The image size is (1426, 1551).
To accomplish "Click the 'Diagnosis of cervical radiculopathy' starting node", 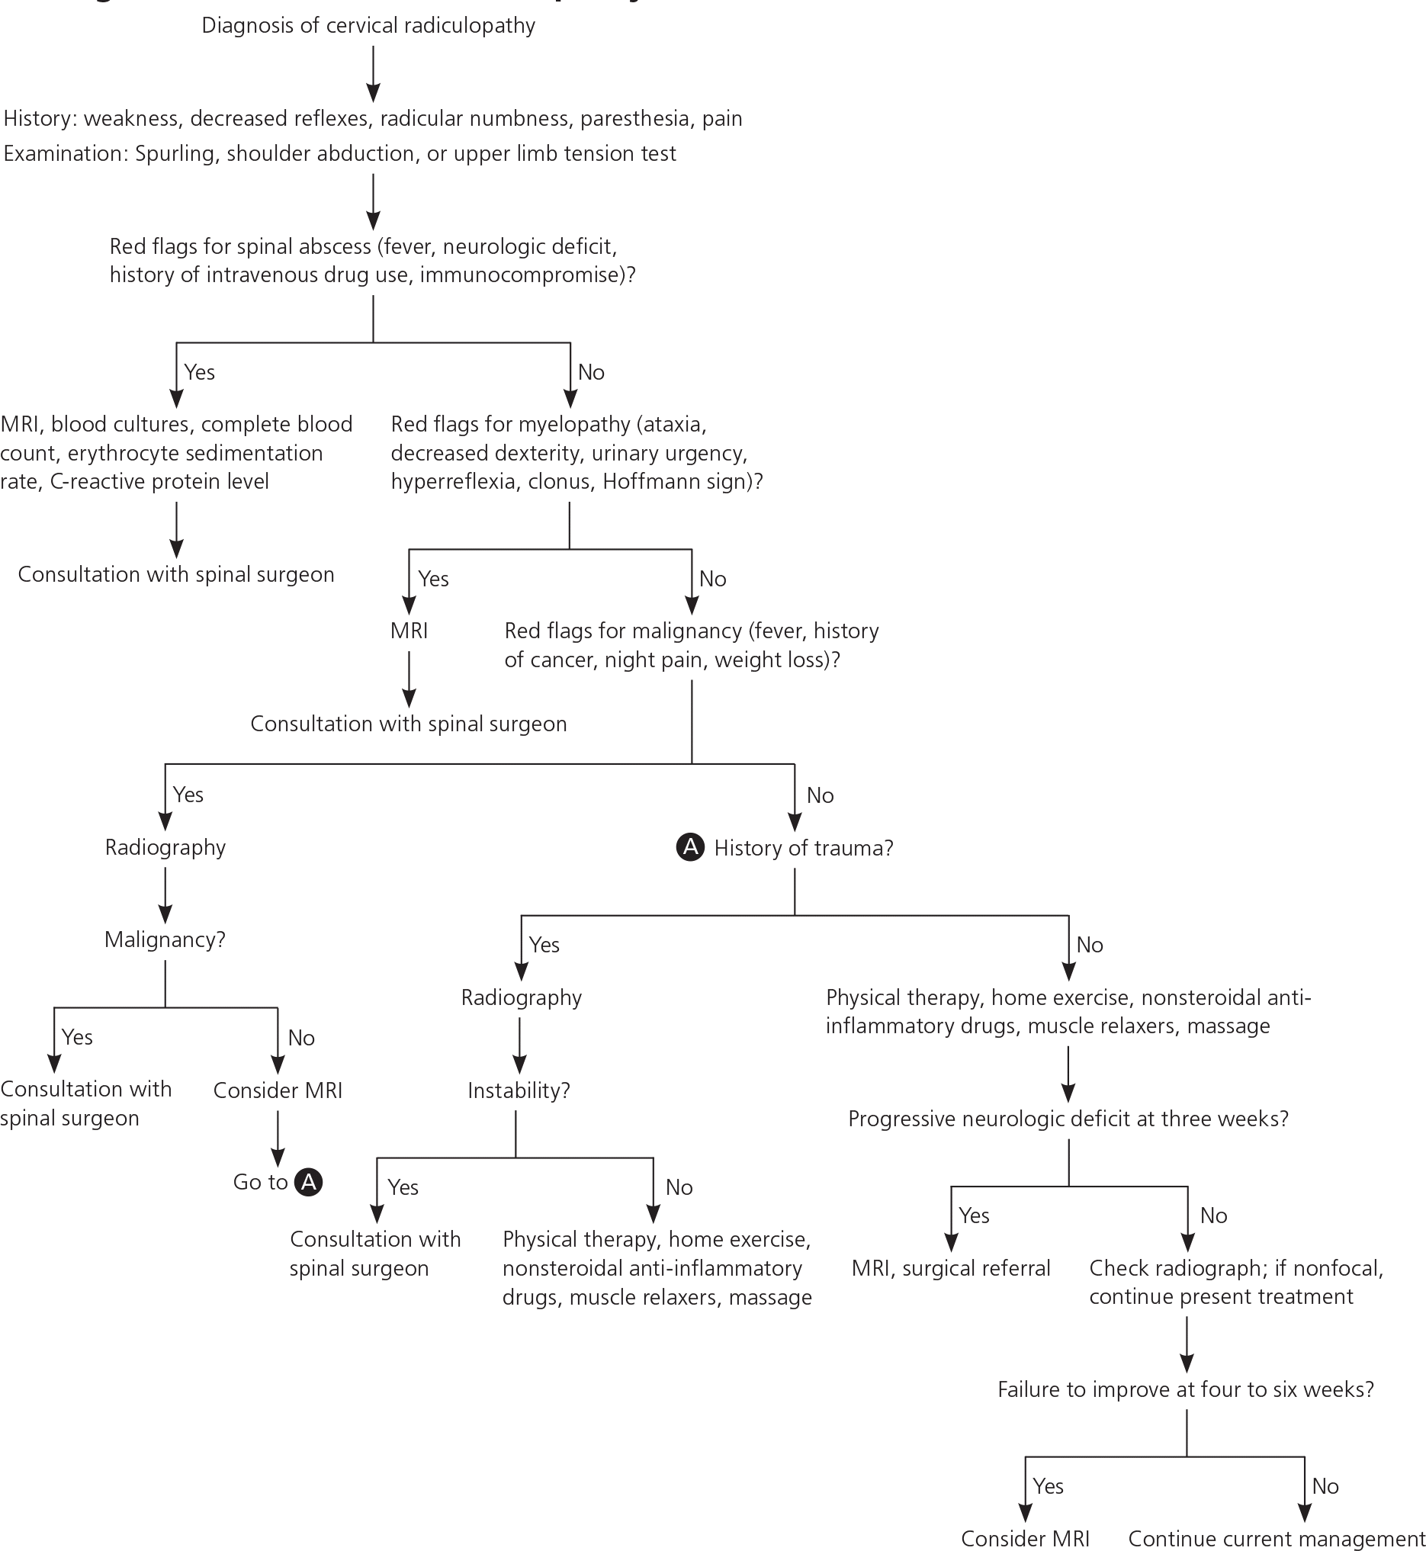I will click(x=368, y=25).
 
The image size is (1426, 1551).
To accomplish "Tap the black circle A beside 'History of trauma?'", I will click(x=690, y=847).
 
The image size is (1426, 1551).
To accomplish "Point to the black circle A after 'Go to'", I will click(x=309, y=1181).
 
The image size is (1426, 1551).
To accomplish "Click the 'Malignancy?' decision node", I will click(x=165, y=939).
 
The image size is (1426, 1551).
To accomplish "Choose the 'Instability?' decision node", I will click(x=519, y=1090).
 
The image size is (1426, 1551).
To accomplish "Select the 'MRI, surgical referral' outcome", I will click(x=951, y=1268).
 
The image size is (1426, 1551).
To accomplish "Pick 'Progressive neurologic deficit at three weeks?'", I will click(x=1068, y=1118).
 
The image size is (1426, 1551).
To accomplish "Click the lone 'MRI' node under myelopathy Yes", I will click(x=409, y=631).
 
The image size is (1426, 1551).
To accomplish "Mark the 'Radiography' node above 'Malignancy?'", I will click(x=165, y=847).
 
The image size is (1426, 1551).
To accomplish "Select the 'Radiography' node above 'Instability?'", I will click(x=521, y=997).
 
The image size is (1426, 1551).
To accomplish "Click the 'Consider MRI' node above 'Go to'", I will click(x=278, y=1090).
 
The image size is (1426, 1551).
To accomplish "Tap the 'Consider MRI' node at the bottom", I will click(x=1025, y=1539).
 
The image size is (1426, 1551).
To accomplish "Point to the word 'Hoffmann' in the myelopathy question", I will click(x=637, y=481).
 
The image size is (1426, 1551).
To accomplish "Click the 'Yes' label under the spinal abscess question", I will click(x=199, y=372).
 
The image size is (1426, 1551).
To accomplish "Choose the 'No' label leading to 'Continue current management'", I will click(x=1325, y=1485).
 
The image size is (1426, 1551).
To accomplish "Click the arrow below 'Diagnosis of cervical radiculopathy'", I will click(x=374, y=74).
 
